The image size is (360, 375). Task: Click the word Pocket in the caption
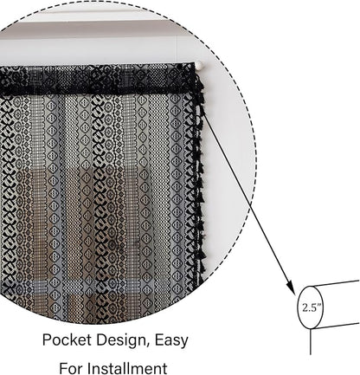click(x=67, y=339)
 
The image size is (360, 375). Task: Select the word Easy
click(x=171, y=341)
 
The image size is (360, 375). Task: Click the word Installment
click(x=127, y=368)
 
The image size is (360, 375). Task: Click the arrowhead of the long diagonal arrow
click(x=291, y=288)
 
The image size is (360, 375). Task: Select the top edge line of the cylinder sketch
click(x=336, y=283)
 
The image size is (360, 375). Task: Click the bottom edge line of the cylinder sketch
click(x=336, y=327)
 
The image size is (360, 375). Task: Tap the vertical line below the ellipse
click(x=311, y=342)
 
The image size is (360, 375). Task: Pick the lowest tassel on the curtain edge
click(x=202, y=268)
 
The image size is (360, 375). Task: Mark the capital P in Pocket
click(x=47, y=339)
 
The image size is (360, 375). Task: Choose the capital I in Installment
click(x=89, y=368)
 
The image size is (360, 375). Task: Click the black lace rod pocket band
click(x=97, y=79)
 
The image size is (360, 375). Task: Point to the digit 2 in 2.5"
click(x=305, y=308)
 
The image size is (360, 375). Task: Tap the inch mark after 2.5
click(x=319, y=305)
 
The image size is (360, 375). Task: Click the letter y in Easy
click(x=184, y=343)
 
